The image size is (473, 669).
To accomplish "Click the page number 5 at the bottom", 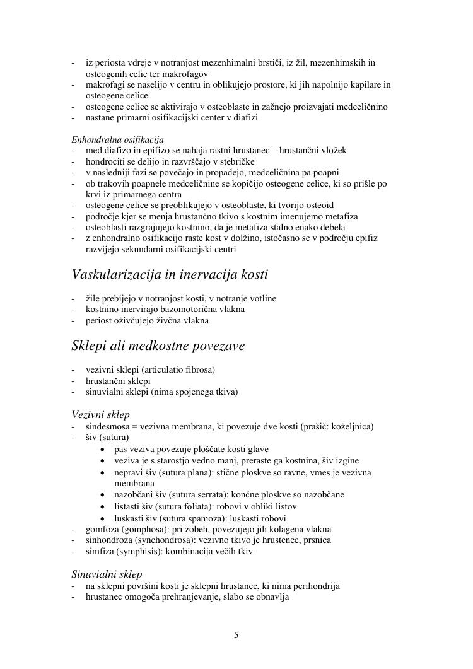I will click(x=237, y=635).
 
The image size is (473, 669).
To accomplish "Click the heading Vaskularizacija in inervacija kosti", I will click(x=170, y=275).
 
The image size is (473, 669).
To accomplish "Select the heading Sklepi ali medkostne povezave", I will click(x=158, y=346).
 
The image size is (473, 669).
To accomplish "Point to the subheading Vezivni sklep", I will click(x=101, y=414).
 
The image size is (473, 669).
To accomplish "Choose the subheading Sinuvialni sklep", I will click(x=107, y=574).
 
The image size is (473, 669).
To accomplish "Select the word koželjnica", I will click(x=351, y=426).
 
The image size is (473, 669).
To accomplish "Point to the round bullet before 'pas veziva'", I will click(x=103, y=450).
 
